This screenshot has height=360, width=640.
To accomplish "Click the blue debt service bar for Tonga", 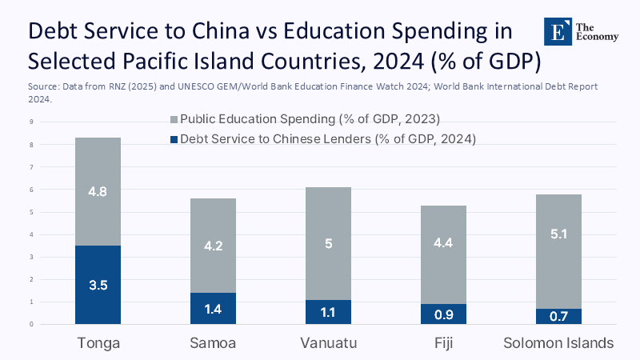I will [x=98, y=285].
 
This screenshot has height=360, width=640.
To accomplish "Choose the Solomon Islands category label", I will [x=558, y=343].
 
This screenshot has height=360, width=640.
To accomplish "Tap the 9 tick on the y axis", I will [x=30, y=122].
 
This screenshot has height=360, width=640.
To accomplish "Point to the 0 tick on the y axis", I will [x=30, y=324].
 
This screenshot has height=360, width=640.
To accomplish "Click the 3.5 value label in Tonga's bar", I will [x=98, y=284].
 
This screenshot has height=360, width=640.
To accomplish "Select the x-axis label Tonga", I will [x=98, y=343].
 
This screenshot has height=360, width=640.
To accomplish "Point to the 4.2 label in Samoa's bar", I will [x=212, y=246].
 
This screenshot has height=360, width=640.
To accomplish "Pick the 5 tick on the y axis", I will [x=30, y=212].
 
